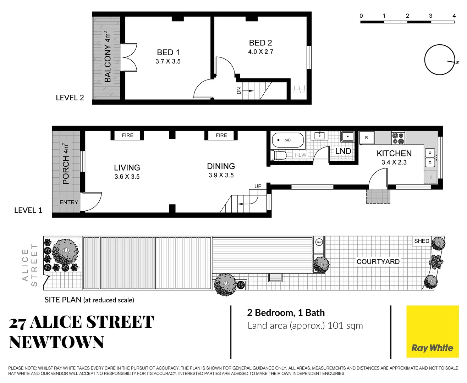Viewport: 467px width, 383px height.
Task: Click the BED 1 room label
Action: (168, 52)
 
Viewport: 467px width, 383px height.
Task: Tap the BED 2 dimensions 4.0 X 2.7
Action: (260, 52)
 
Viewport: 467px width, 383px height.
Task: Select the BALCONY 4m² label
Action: (108, 57)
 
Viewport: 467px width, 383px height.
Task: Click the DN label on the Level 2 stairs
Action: (239, 90)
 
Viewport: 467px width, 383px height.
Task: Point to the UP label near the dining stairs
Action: (258, 186)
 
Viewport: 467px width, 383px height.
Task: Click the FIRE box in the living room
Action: (127, 135)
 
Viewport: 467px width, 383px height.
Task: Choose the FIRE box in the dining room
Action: (221, 135)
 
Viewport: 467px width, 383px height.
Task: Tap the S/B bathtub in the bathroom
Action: (288, 140)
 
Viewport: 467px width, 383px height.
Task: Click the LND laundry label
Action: (343, 151)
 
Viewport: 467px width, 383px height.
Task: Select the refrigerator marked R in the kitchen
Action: (367, 138)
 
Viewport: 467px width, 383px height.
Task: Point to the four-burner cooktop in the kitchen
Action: (398, 138)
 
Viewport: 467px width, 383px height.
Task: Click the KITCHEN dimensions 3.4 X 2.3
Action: (394, 162)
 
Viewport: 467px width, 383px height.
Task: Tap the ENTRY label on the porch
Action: (69, 202)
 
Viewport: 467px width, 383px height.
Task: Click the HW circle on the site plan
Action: (319, 242)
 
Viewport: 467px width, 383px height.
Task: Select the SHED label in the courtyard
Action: (422, 241)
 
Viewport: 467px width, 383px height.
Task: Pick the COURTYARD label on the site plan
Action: (378, 262)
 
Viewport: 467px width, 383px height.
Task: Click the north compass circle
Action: (439, 60)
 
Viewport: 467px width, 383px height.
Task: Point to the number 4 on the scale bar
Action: (454, 16)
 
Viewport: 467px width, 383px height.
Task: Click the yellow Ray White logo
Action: (432, 332)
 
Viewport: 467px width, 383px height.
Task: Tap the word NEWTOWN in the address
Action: (57, 343)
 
